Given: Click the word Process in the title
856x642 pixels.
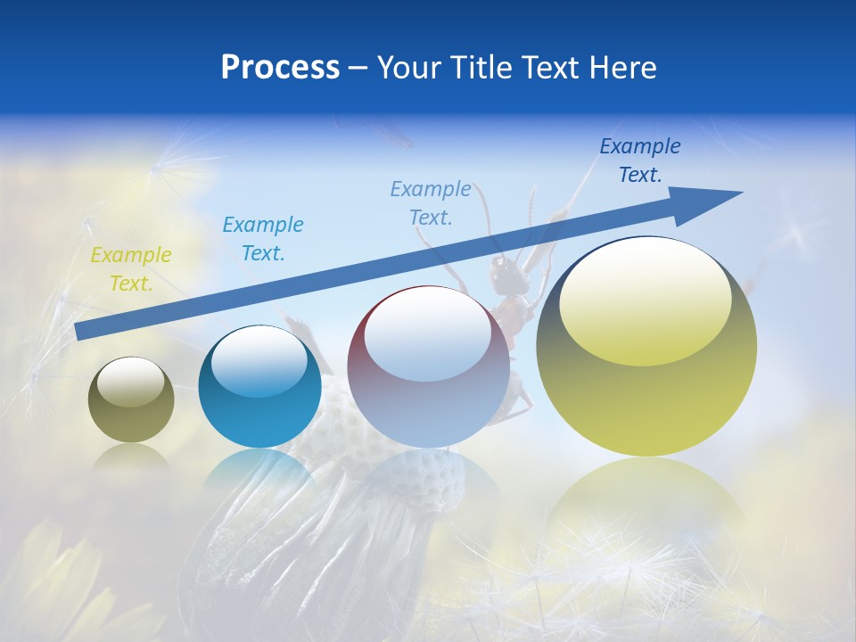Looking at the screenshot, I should point(280,67).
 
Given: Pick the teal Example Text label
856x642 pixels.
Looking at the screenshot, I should point(263,239).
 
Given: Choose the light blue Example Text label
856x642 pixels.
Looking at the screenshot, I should point(431,202).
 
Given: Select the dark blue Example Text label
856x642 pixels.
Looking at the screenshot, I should point(640,160).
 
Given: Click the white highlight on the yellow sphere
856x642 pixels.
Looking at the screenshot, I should point(646,300).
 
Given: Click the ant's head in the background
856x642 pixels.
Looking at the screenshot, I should point(502,271).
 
